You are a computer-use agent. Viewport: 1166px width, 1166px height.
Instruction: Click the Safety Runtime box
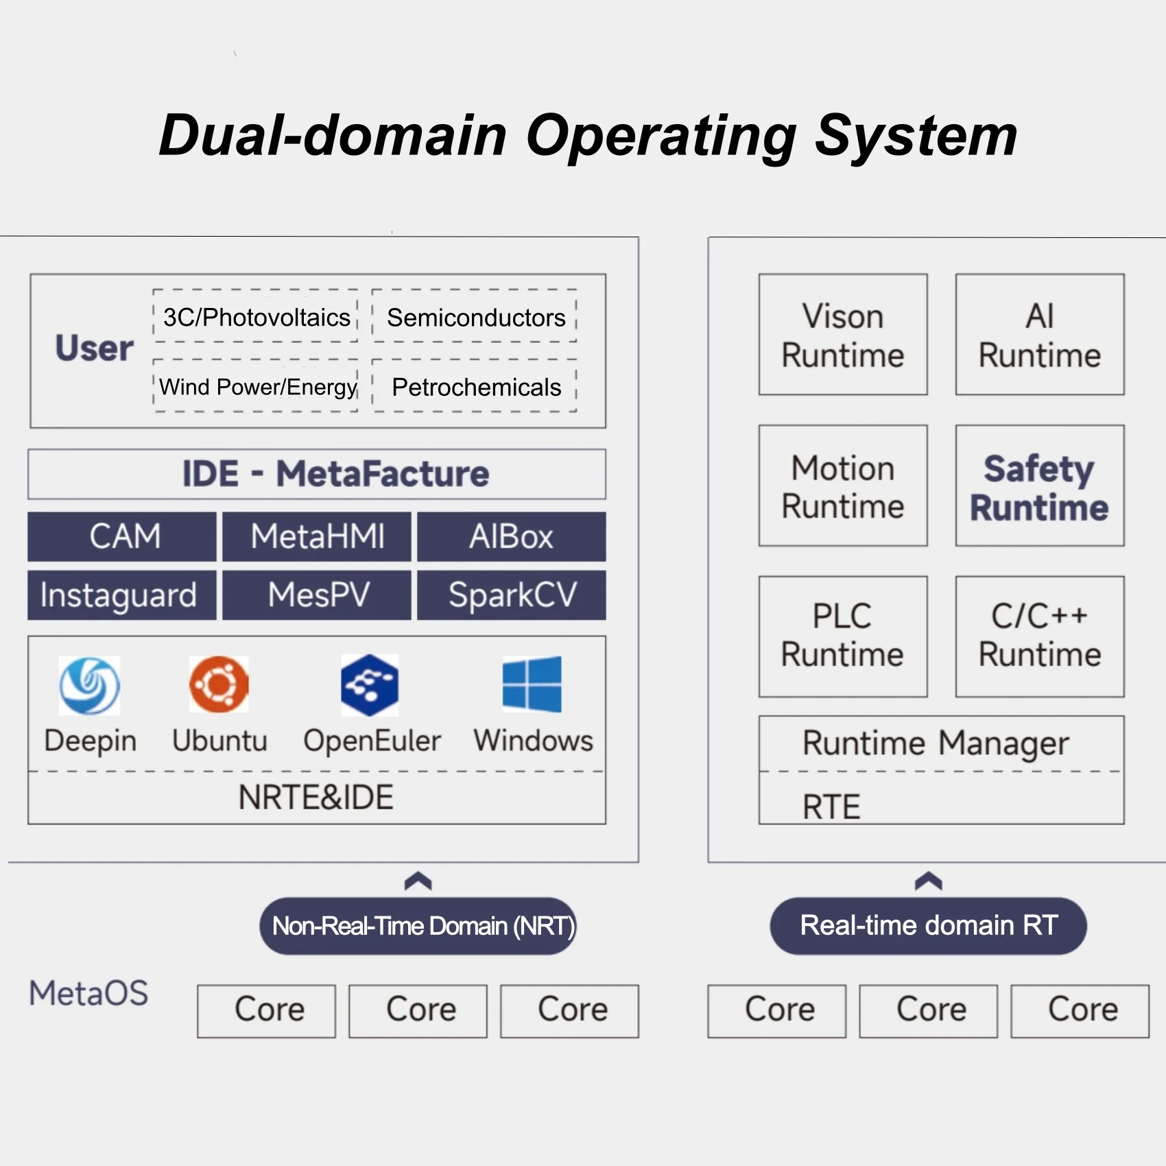pos(1040,486)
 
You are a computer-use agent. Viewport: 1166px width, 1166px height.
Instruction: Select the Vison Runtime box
pos(843,335)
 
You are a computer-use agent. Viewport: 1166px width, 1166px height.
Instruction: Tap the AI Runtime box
pos(1040,335)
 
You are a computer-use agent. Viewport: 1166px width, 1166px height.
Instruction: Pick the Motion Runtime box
pos(843,486)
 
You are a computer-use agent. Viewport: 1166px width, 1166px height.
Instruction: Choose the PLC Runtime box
pos(843,636)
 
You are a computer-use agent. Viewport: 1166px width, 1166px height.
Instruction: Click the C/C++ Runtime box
pos(1040,636)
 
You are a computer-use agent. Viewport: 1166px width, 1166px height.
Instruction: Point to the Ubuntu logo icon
pos(219,684)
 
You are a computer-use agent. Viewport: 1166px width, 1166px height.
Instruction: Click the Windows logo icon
pos(532,684)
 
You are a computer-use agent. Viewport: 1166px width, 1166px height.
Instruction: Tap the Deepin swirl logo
pos(89,685)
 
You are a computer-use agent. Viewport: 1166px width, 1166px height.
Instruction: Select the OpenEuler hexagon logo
pos(370,685)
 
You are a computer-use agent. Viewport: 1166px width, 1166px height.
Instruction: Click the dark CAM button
pos(122,536)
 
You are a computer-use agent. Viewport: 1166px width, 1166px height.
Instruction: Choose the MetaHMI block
pos(317,536)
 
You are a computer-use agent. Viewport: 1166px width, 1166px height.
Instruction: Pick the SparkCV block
pos(512,595)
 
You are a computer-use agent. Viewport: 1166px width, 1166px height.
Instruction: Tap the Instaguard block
pos(122,595)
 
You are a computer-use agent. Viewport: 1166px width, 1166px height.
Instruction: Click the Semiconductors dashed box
pos(475,316)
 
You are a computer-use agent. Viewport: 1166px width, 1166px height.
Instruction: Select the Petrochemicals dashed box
pos(475,386)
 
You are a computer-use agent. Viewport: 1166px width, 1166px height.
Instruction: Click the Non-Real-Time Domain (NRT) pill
pos(418,926)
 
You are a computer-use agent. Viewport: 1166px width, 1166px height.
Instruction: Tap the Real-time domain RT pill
pos(929,926)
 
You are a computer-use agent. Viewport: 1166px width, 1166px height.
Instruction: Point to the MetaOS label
pos(88,993)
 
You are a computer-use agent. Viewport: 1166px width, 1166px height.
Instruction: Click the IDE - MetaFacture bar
pos(317,474)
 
